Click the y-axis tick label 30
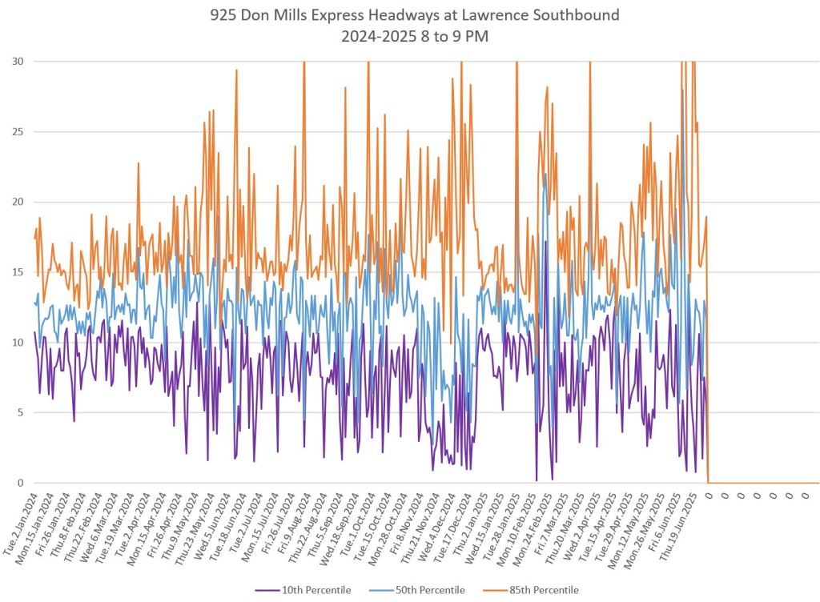point(17,62)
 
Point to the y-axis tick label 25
point(17,132)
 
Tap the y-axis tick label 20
point(17,202)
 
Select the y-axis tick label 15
point(17,272)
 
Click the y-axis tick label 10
point(17,343)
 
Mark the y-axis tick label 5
point(19,413)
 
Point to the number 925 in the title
point(223,15)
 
